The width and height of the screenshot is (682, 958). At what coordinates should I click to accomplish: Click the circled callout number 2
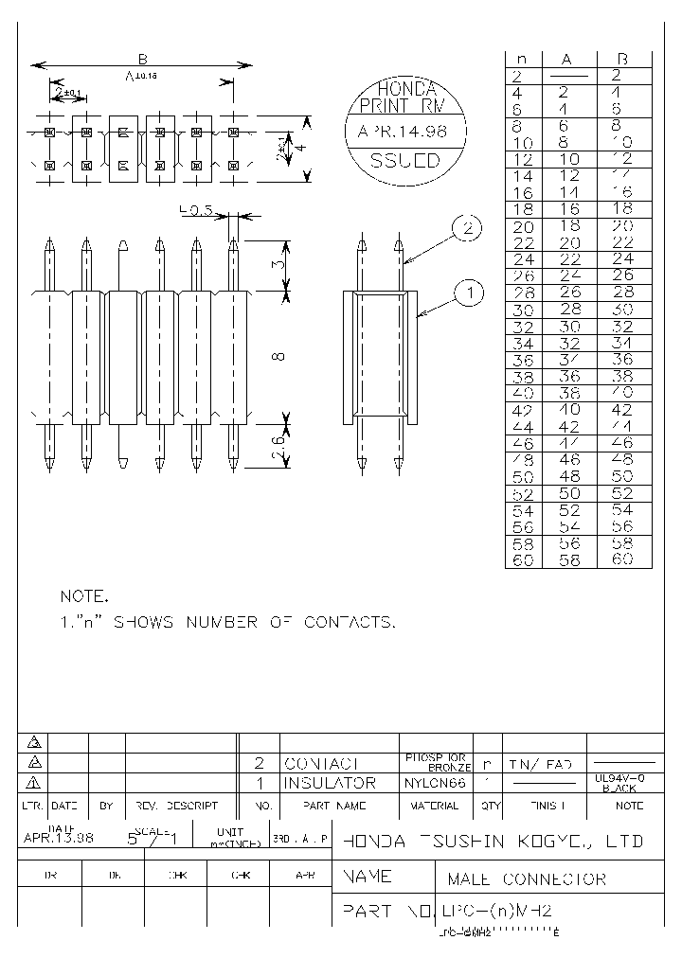coord(467,228)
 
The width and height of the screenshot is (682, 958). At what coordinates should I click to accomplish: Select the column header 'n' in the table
coord(521,59)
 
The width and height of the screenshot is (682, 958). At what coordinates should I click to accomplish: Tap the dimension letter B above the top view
coord(141,56)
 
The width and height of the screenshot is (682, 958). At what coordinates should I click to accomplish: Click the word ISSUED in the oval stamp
coord(404,161)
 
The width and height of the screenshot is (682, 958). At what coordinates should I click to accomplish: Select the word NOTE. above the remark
coord(84,597)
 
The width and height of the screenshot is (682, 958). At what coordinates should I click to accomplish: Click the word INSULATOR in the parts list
coord(330,784)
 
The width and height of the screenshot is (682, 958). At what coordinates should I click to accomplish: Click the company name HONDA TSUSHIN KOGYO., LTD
coord(493,841)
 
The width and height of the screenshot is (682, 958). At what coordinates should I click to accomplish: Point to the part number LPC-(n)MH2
coord(496,912)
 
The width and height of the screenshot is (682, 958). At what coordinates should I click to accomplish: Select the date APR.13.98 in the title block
coord(59,838)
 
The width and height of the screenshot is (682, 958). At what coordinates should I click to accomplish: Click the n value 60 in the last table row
coord(522,559)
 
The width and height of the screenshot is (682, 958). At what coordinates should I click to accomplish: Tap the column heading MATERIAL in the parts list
coord(435,806)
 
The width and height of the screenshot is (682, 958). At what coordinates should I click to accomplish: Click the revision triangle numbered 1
coord(34,783)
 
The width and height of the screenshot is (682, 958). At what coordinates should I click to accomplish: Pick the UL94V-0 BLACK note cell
coord(621,783)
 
